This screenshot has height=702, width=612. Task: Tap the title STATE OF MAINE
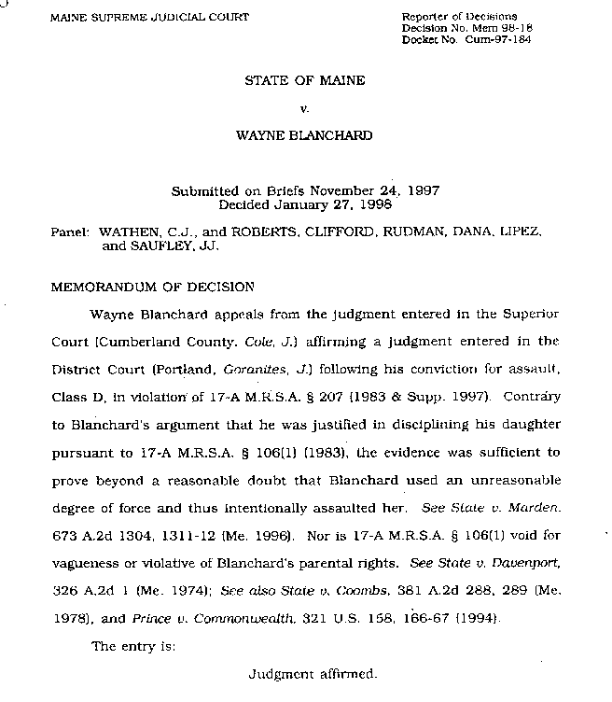304,80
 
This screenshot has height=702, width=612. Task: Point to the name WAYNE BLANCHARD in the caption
305,135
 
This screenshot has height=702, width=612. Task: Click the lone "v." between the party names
305,108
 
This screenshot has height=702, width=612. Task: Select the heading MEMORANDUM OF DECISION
152,287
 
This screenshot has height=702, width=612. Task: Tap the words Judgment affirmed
313,672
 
